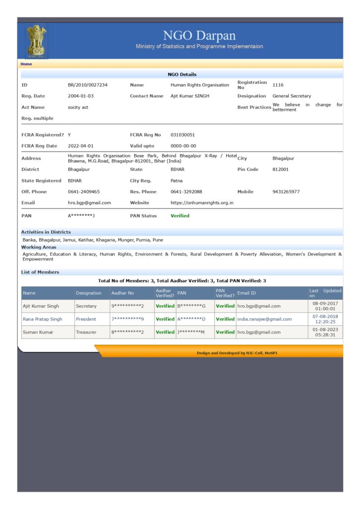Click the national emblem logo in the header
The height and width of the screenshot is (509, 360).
pyautogui.click(x=36, y=41)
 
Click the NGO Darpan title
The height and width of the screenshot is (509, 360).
pyautogui.click(x=199, y=36)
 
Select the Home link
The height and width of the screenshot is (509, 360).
pyautogui.click(x=26, y=64)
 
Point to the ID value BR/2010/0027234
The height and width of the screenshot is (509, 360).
pyautogui.click(x=88, y=85)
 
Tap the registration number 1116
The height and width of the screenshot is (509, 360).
pyautogui.click(x=278, y=85)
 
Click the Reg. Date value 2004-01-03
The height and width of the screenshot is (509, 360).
pyautogui.click(x=81, y=96)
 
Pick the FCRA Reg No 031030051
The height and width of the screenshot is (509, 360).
pyautogui.click(x=182, y=135)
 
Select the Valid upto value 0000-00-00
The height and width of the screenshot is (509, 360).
pyautogui.click(x=183, y=146)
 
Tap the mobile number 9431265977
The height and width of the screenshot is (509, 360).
pyautogui.click(x=286, y=192)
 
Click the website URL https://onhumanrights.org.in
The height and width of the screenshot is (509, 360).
pyautogui.click(x=202, y=203)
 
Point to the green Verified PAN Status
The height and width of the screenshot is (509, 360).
pyautogui.click(x=180, y=216)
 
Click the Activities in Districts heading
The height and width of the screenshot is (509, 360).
pyautogui.click(x=46, y=232)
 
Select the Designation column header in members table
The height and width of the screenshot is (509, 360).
pyautogui.click(x=89, y=293)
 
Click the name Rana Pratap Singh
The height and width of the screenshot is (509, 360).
pyautogui.click(x=42, y=319)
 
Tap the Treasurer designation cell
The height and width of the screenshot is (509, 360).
pyautogui.click(x=87, y=332)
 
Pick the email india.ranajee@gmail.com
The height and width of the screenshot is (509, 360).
pyautogui.click(x=265, y=319)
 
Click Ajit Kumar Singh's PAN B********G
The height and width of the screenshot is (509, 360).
pyautogui.click(x=191, y=306)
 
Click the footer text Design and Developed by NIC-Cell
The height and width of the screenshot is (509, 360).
pyautogui.click(x=231, y=353)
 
